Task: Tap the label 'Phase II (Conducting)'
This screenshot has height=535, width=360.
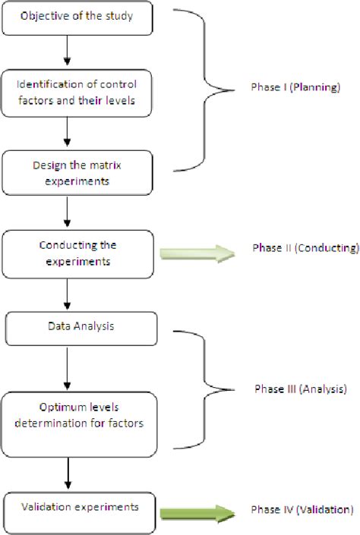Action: tap(305, 248)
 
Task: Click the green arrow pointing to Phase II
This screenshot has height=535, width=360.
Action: tap(195, 253)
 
